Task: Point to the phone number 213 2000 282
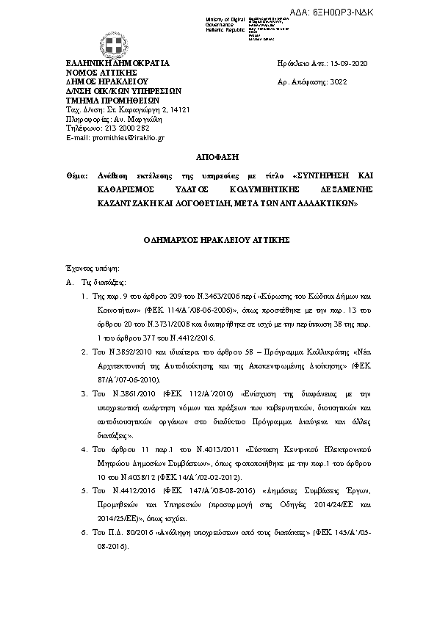[118, 128]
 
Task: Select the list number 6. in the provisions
[85, 530]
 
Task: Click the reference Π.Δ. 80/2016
[124, 530]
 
